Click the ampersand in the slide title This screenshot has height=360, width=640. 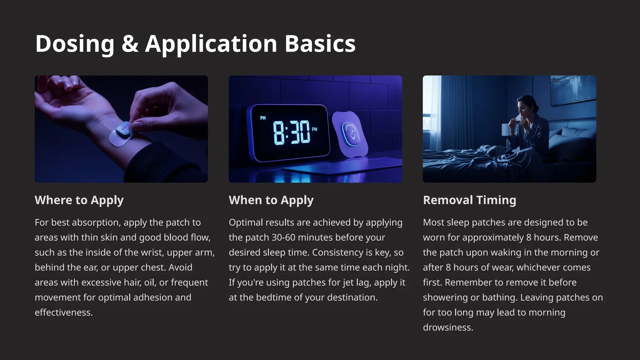click(x=130, y=43)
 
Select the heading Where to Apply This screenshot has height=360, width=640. click(x=79, y=200)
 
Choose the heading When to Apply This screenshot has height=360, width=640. click(x=271, y=200)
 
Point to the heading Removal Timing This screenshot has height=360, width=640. click(x=469, y=200)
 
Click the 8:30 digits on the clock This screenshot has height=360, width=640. click(x=291, y=132)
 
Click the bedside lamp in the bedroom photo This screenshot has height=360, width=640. click(x=505, y=129)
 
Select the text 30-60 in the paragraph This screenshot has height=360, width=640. click(x=283, y=237)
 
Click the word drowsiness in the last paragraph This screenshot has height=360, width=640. click(x=447, y=327)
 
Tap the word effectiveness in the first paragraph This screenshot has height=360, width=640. click(x=63, y=312)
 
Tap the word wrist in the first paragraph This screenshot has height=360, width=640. click(x=152, y=252)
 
